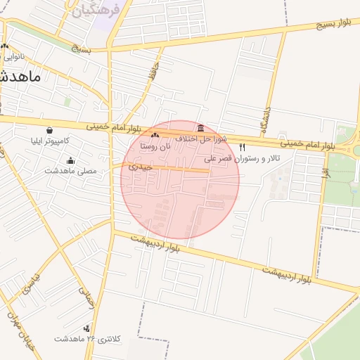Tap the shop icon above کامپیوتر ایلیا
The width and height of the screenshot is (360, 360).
49,130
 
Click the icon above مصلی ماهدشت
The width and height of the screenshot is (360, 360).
70,160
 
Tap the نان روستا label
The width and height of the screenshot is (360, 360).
155,147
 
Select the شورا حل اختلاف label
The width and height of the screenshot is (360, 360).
201,139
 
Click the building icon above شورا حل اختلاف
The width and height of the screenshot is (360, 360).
202,129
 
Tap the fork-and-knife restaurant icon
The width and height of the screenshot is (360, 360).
243,148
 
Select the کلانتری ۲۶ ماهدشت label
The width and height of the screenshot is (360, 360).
88,339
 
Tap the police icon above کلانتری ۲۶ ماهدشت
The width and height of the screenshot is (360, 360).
87,328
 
